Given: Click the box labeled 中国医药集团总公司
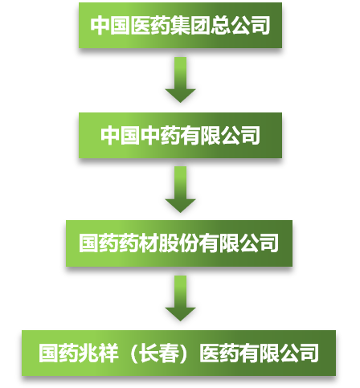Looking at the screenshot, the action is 180,26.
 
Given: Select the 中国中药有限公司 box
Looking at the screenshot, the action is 180,135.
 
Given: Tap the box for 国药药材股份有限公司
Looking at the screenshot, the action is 179,243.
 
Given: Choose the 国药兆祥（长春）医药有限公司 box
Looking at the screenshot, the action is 178,353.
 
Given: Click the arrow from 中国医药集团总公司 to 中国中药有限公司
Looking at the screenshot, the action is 180,80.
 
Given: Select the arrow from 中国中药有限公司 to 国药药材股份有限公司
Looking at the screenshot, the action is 180,190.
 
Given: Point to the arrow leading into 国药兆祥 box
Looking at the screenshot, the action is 180,298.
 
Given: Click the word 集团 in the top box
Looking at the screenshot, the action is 190,26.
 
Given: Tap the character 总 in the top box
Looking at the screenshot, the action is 220,26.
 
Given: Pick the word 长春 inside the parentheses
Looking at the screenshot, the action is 159,353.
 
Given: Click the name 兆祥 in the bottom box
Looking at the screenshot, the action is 98,353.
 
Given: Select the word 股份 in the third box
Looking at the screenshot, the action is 179,243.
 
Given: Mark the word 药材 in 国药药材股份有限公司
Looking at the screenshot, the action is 139,243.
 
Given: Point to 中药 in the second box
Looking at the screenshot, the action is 160,135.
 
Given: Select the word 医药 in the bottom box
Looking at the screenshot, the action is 219,353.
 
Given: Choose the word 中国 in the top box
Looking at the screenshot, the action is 110,26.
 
